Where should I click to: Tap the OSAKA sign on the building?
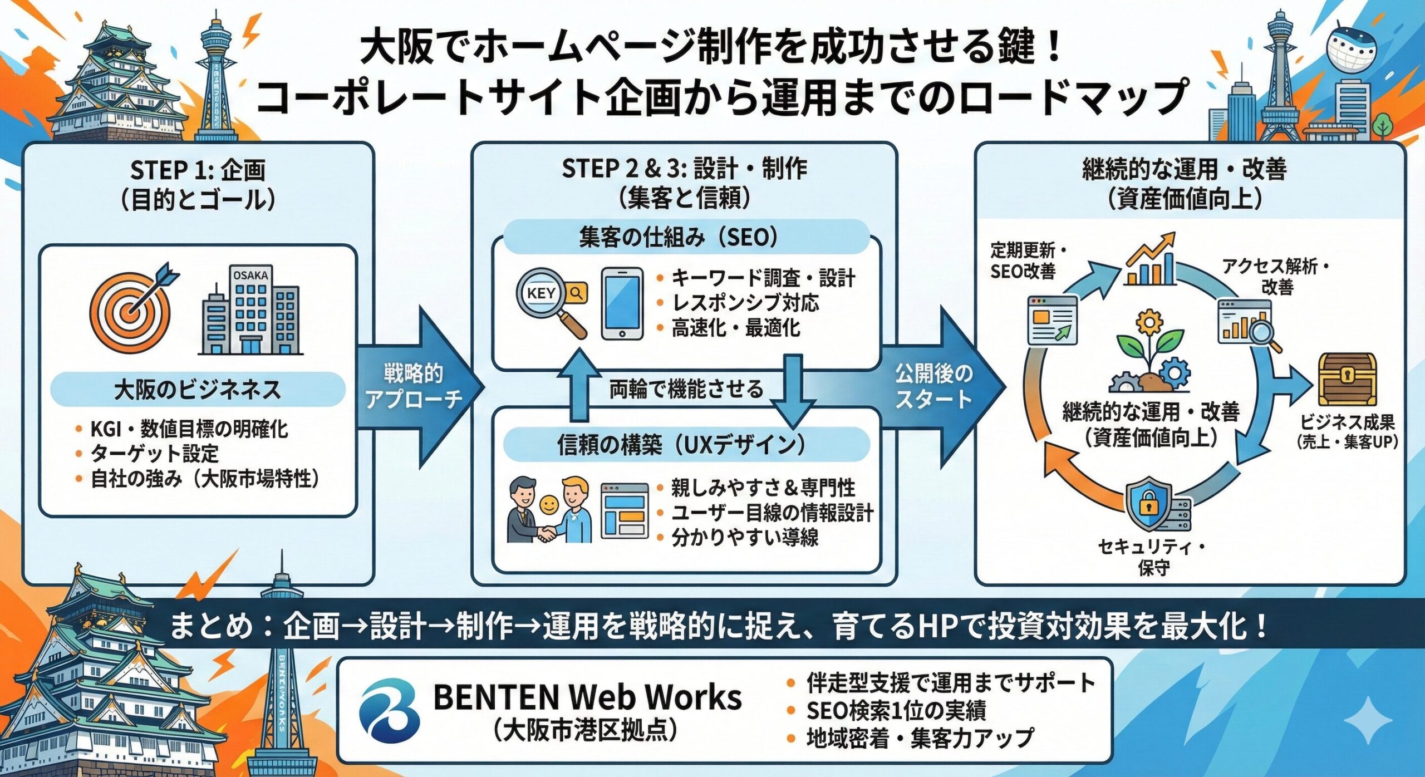coord(250,276)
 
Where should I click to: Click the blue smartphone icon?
coord(622,303)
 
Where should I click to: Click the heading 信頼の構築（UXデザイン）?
coord(686,445)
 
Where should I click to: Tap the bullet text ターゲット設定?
coord(155,454)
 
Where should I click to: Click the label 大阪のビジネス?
coord(198,390)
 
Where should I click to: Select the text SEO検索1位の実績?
coord(896,711)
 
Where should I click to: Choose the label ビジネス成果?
coord(1347,423)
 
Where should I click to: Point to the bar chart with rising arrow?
coord(1151,262)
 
